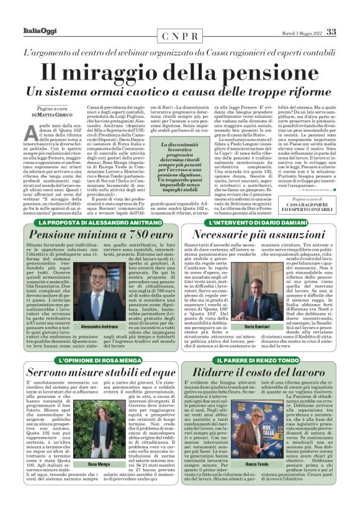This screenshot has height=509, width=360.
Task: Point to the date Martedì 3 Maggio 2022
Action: tap(293, 33)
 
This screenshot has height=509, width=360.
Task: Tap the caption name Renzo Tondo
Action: tap(256, 464)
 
